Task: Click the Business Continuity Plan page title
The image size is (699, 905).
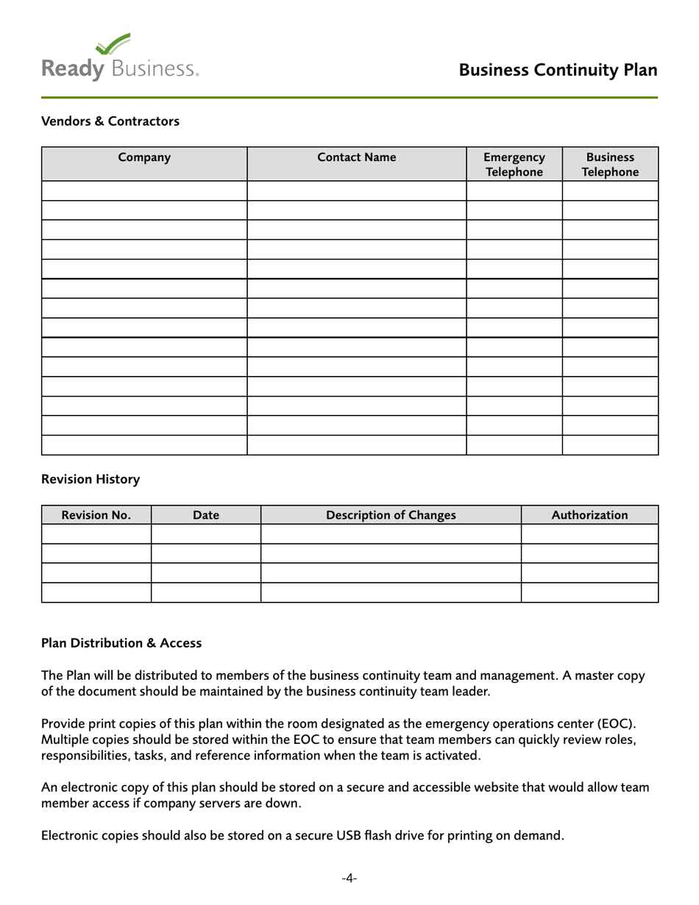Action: tap(558, 70)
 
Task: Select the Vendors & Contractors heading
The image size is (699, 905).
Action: tap(110, 121)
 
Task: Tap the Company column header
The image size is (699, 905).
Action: tap(144, 157)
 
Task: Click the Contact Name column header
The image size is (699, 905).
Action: tap(356, 157)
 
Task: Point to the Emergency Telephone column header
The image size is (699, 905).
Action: tap(514, 164)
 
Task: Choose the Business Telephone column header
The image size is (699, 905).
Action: tap(610, 164)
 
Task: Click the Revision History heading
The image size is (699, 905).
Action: tap(90, 480)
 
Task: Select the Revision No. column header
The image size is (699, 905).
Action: tap(96, 515)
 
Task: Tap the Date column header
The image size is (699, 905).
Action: tap(205, 515)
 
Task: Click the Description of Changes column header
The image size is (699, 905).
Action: tap(391, 515)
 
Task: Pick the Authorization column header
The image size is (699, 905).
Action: tap(589, 515)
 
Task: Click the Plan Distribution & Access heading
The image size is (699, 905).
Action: tap(121, 643)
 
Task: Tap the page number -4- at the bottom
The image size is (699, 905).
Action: tap(349, 878)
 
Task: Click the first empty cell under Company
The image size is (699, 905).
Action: tap(144, 191)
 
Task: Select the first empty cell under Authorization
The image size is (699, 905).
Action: tap(589, 534)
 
